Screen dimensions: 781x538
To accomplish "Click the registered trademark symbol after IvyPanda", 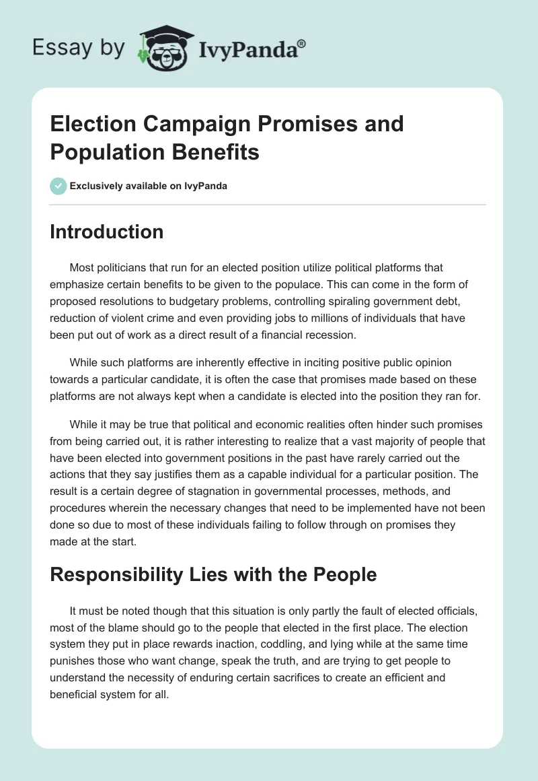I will [x=302, y=44].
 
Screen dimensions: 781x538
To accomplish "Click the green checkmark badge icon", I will [x=58, y=186].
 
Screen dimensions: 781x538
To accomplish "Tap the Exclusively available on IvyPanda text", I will [x=148, y=186].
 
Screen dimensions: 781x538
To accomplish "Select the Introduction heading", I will [x=106, y=232].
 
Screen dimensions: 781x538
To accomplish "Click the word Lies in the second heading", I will [x=209, y=574].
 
